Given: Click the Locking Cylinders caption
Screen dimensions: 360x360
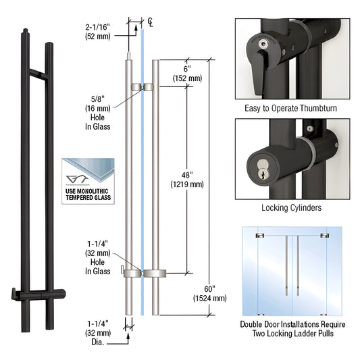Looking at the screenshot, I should click(x=292, y=208).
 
